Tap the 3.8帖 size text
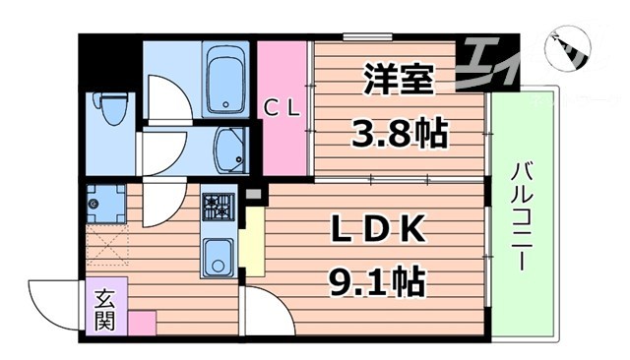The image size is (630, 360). coord(399,132)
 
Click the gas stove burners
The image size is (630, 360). coord(217,208)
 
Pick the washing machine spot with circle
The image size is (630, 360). coord(102,204)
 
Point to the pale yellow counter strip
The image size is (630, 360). coord(253,241)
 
